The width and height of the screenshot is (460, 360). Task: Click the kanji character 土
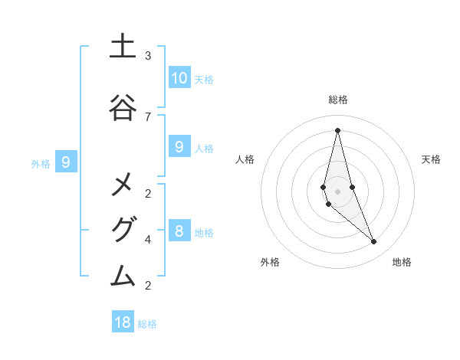[x=122, y=46]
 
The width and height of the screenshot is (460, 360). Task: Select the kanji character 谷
[x=122, y=107]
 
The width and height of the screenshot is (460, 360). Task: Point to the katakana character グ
[x=122, y=229]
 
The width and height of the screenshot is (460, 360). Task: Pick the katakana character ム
[x=122, y=275]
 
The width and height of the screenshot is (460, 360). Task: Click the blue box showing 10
[x=179, y=77]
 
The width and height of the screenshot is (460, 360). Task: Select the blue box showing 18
[x=123, y=322]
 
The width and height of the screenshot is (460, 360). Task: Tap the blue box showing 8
[x=179, y=231]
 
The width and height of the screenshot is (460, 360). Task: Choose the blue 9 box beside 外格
[x=67, y=162]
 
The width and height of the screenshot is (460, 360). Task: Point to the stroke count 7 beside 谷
[x=148, y=116]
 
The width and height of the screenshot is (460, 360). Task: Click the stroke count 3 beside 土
[x=148, y=56]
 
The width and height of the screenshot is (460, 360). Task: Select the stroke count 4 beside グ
[x=148, y=239]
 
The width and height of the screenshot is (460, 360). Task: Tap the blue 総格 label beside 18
[x=147, y=324]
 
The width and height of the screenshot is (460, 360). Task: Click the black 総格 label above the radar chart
[x=338, y=100]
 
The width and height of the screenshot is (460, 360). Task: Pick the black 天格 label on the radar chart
[x=432, y=159]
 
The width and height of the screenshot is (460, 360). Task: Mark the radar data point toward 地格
[x=374, y=241]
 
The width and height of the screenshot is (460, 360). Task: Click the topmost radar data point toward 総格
[x=337, y=130]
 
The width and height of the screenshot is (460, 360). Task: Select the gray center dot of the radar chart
[x=337, y=181]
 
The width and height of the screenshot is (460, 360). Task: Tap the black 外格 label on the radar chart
[x=270, y=262]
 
